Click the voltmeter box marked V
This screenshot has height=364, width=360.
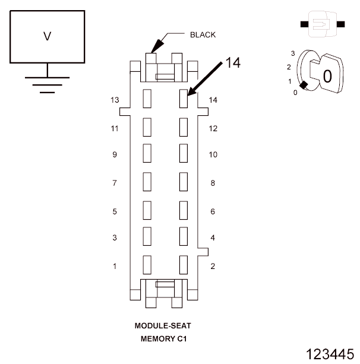[48, 36]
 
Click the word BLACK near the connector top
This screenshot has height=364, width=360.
[203, 34]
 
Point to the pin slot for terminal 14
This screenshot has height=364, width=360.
[184, 99]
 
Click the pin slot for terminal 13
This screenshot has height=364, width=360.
[147, 99]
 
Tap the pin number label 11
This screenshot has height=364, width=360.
[115, 128]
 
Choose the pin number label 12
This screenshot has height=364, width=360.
[214, 128]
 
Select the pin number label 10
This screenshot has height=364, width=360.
[214, 155]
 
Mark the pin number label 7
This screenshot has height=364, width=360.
[115, 183]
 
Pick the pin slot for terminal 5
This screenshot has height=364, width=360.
[147, 210]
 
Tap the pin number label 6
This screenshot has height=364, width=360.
[213, 211]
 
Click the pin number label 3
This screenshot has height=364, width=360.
[115, 238]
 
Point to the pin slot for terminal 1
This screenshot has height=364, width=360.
[147, 264]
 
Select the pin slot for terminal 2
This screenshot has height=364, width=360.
[184, 264]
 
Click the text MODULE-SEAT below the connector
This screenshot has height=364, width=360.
[163, 327]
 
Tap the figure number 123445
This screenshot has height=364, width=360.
[330, 354]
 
